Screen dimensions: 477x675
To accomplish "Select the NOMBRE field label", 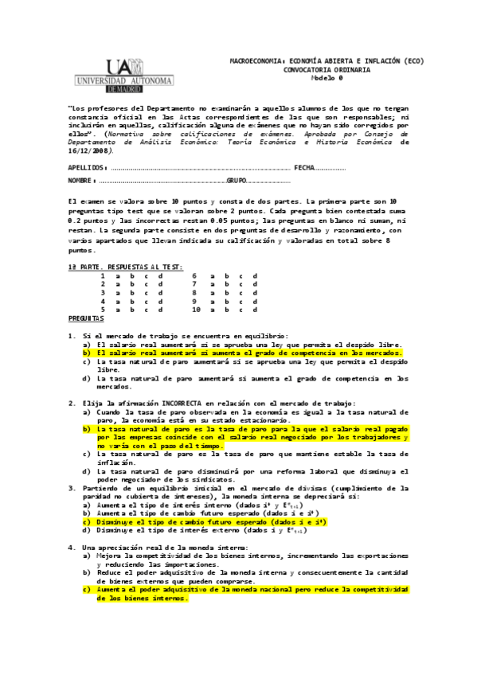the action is tap(83, 181).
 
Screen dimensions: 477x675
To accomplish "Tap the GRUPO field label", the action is tap(237, 181).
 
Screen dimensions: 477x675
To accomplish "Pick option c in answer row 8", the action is tap(240, 292).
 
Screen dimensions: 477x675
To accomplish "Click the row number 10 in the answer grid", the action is tap(196, 310).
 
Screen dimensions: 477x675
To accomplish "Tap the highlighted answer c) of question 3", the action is tap(200, 521).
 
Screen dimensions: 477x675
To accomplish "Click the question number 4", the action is tap(71, 547).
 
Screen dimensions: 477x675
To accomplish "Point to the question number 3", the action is tap(71, 488).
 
